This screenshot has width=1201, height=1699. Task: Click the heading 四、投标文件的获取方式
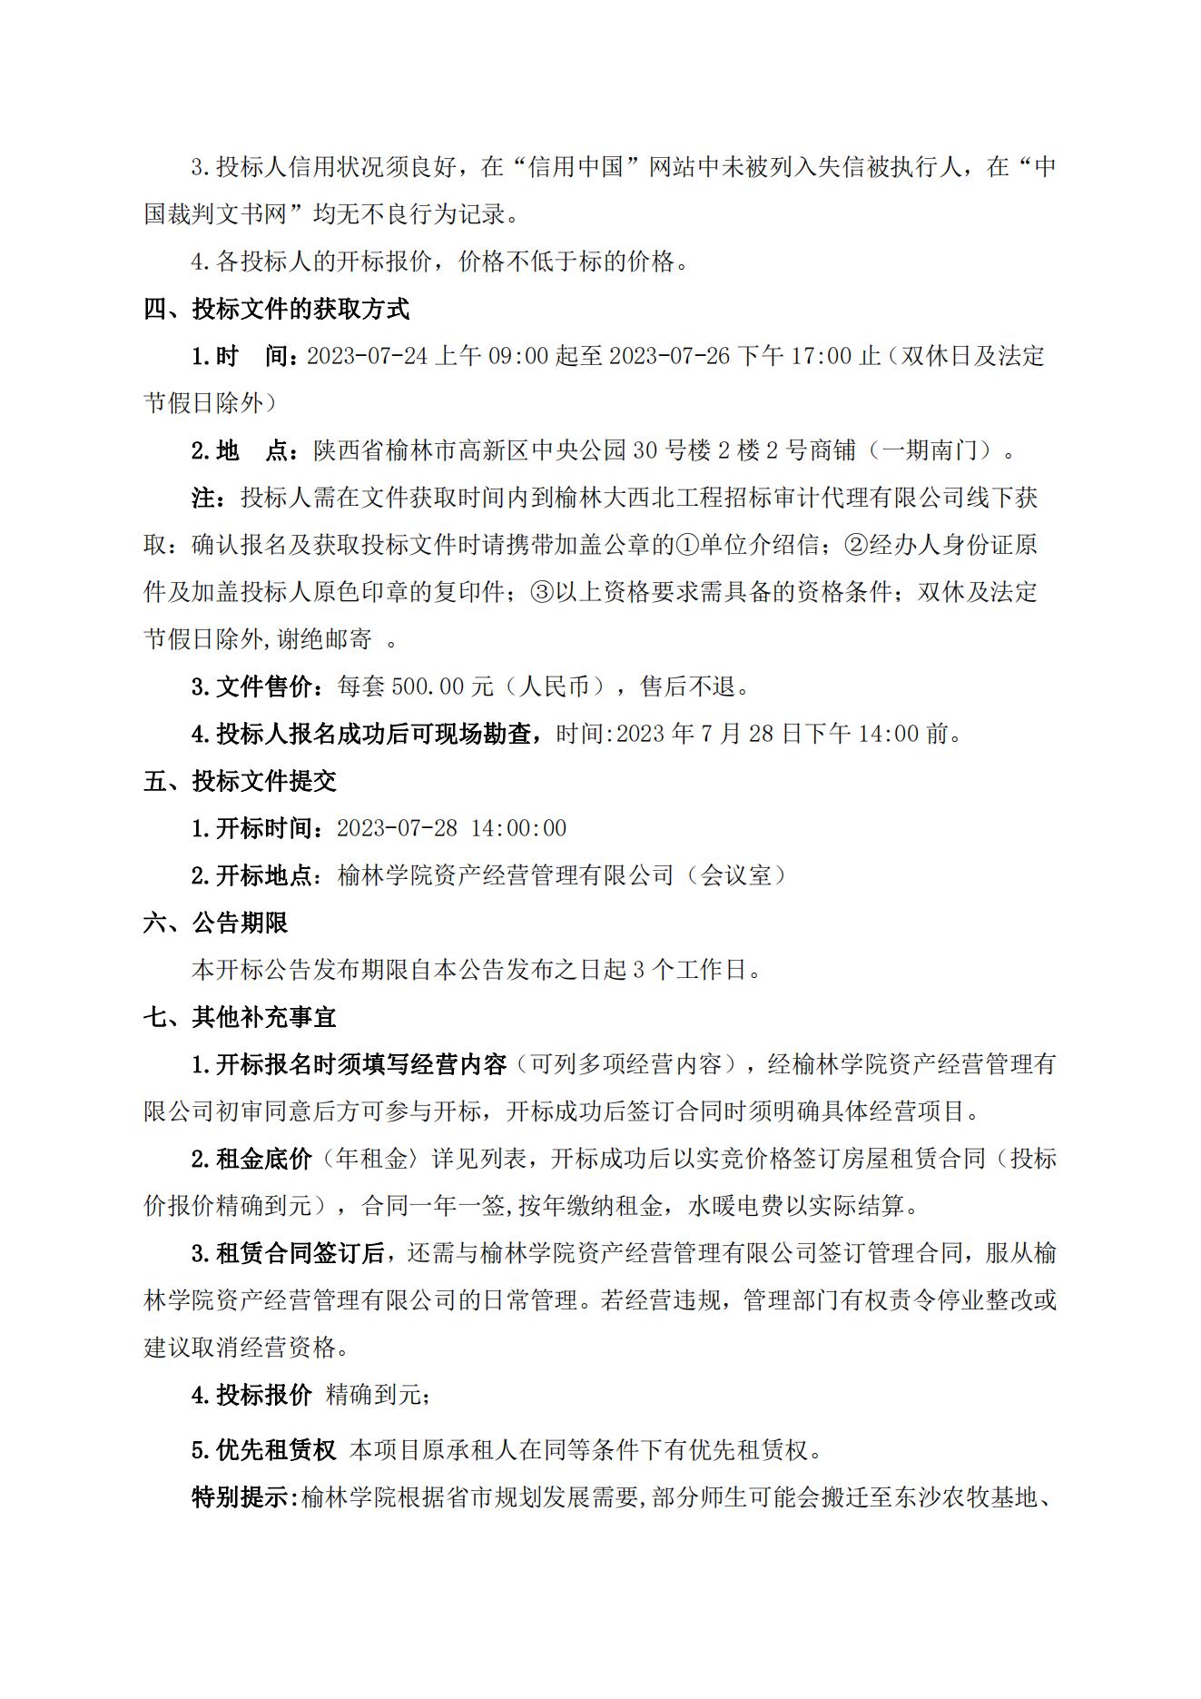pyautogui.click(x=276, y=309)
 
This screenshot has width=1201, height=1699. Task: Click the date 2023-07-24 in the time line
pyautogui.click(x=367, y=356)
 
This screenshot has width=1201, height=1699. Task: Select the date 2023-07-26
pyautogui.click(x=669, y=356)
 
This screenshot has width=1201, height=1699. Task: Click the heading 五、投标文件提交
pyautogui.click(x=240, y=781)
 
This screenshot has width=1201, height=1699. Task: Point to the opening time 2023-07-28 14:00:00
pyautogui.click(x=451, y=828)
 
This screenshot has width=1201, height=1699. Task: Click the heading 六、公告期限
pyautogui.click(x=215, y=923)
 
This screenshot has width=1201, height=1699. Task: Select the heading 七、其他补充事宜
pyautogui.click(x=240, y=1017)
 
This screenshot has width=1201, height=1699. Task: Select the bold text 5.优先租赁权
pyautogui.click(x=263, y=1449)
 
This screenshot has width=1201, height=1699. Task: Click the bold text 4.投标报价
pyautogui.click(x=251, y=1395)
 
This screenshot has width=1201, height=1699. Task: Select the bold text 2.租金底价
pyautogui.click(x=251, y=1159)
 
